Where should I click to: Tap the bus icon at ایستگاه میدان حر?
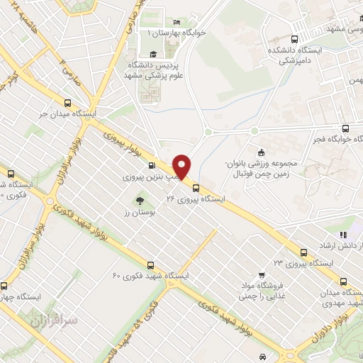pyautogui.click(x=68, y=102)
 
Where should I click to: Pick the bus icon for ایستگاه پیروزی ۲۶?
pyautogui.click(x=196, y=189)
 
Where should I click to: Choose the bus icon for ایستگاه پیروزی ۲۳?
pyautogui.click(x=303, y=252)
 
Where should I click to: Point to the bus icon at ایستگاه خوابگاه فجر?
pyautogui.click(x=345, y=128)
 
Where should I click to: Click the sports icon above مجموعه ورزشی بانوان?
pyautogui.click(x=261, y=152)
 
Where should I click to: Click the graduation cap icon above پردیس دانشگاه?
pyautogui.click(x=152, y=54)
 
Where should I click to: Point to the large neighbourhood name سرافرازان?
pyautogui.click(x=52, y=320)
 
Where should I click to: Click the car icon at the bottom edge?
pyautogui.click(x=263, y=356)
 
